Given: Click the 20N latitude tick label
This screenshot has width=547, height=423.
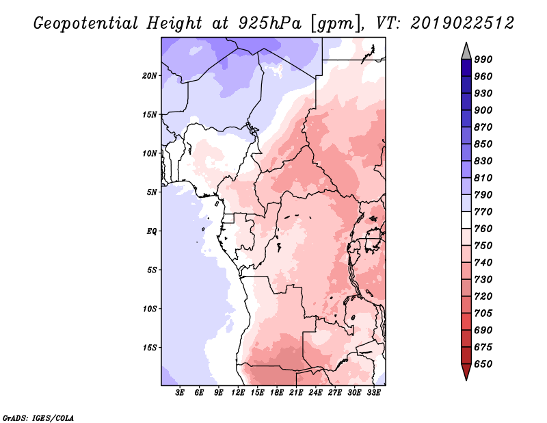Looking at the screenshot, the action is [x=150, y=76].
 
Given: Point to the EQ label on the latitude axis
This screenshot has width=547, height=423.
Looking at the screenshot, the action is [x=151, y=231].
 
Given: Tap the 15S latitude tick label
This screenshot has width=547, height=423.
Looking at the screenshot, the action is [x=150, y=348].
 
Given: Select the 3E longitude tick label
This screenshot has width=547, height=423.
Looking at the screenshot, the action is [x=180, y=393].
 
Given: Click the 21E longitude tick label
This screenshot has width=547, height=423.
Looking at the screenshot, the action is [x=296, y=393].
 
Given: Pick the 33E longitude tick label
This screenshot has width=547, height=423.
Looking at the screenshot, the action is [x=373, y=393].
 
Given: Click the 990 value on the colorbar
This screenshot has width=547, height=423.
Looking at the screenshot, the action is [x=483, y=60].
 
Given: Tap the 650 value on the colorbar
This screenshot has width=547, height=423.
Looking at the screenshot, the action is [x=483, y=364].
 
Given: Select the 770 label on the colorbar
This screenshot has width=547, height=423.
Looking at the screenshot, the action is [x=483, y=211].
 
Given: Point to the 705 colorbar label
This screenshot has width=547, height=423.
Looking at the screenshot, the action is [x=483, y=313].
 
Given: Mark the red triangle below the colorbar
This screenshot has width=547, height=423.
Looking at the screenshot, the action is [x=466, y=371].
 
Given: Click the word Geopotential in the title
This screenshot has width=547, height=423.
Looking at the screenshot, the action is [x=86, y=24].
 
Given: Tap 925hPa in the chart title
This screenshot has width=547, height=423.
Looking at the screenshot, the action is [x=270, y=23].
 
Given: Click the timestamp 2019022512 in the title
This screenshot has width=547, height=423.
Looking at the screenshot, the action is [x=462, y=23].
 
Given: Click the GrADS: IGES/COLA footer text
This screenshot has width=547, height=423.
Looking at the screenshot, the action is [x=38, y=418].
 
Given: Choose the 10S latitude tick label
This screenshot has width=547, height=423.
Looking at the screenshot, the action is [x=150, y=309].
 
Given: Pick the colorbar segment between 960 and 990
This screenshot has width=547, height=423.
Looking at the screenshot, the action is [x=466, y=68].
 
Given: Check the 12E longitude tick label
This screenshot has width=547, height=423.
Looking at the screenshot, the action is [x=238, y=393].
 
